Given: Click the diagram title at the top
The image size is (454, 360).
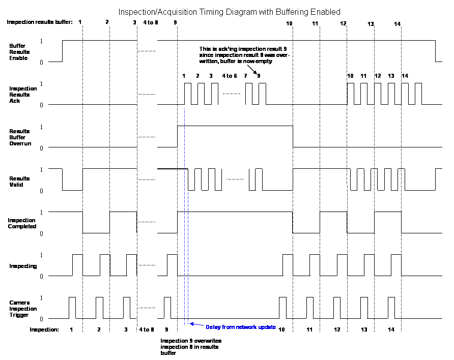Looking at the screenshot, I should click(x=229, y=11).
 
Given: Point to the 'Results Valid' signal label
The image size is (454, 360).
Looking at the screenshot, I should click(x=20, y=182).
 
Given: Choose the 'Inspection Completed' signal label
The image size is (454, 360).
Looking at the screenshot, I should click(x=22, y=223).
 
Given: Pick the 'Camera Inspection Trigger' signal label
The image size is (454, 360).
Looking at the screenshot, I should click(x=23, y=309).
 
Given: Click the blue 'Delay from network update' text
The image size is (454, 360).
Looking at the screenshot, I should click(x=241, y=327).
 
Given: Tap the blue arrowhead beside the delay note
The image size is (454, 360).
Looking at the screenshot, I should click(x=192, y=323).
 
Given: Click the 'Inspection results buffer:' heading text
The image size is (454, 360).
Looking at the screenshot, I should click(x=40, y=22).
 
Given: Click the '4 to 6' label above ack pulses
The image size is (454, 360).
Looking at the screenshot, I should click(x=229, y=76).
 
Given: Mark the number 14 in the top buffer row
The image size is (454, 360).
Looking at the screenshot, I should click(x=398, y=24).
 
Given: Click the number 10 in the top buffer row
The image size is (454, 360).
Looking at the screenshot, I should click(x=289, y=24).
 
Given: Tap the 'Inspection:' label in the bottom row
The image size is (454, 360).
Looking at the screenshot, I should click(x=44, y=329).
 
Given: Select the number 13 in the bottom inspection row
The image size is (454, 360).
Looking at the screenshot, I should click(x=364, y=329).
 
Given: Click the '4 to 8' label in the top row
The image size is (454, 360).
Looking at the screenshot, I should click(x=151, y=22).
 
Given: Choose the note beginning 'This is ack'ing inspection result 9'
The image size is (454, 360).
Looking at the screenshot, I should click(x=244, y=54).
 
